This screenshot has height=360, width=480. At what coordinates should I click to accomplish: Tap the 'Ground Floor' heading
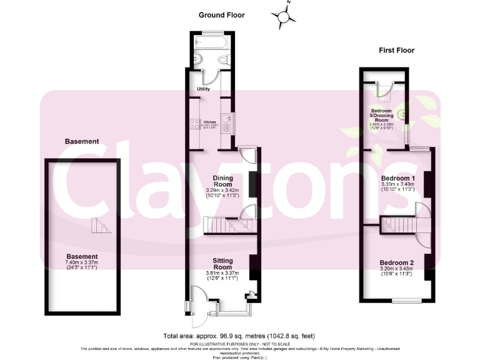222,15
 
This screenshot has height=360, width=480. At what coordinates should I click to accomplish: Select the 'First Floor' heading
397,50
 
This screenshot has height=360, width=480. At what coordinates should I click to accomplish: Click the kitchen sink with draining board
231,122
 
